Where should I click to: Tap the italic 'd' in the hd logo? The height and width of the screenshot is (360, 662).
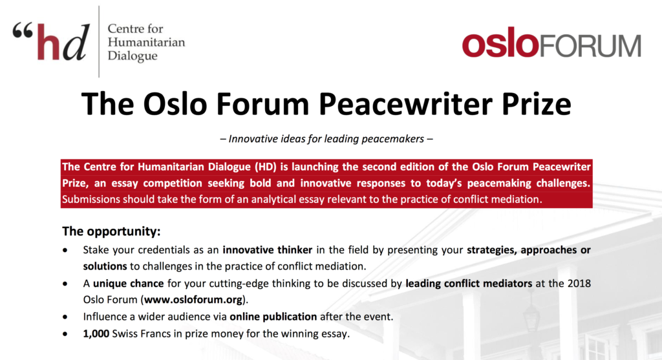tap(77, 41)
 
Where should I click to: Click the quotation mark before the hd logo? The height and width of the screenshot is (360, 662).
tap(23, 31)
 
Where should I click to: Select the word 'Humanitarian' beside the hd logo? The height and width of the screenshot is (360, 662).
tap(146, 42)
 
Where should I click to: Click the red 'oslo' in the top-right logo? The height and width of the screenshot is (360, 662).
tap(500, 43)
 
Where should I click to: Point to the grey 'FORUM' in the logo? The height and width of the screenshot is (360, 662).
tap(590, 46)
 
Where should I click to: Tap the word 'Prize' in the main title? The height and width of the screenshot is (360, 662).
tap(536, 104)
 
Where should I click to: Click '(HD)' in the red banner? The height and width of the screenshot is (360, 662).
tap(265, 167)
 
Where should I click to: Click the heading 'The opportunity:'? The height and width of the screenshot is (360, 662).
tap(111, 231)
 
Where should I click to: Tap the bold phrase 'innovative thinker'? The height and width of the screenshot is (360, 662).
tap(268, 250)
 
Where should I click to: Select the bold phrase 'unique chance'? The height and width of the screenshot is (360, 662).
tap(129, 283)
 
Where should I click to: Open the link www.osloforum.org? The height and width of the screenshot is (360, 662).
tap(193, 300)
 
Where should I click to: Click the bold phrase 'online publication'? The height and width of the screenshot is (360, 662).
tap(273, 317)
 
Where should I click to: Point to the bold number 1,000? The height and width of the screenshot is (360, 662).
tap(96, 334)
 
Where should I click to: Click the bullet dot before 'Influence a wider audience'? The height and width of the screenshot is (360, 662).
tap(65, 317)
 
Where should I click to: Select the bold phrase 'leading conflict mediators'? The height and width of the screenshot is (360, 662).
tap(469, 283)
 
